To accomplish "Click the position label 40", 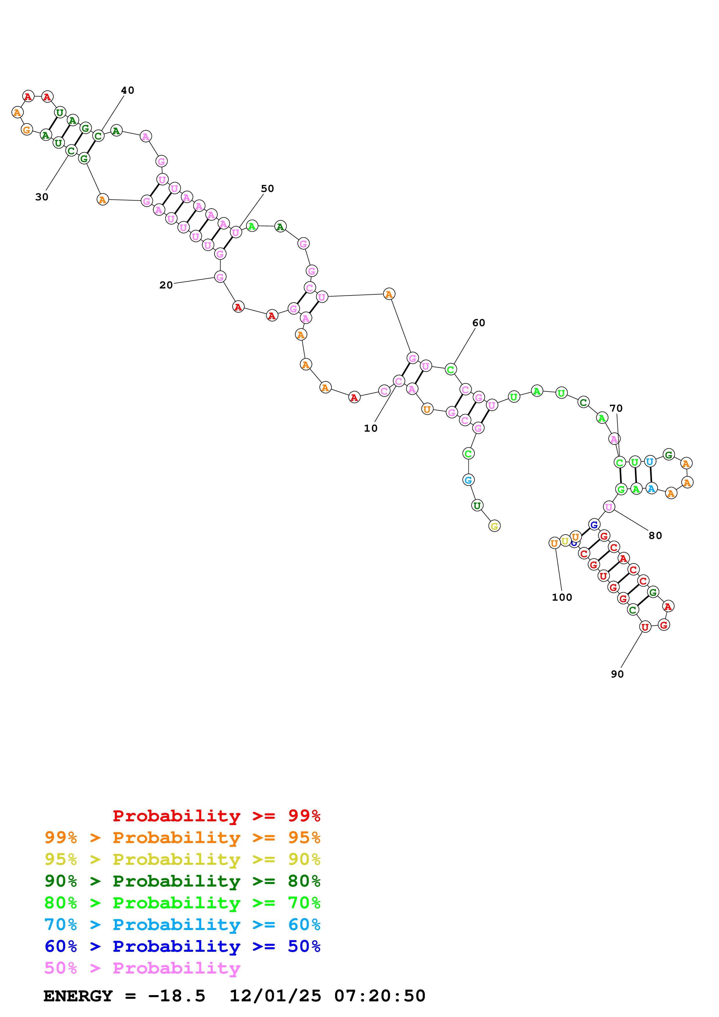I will pyautogui.click(x=128, y=90).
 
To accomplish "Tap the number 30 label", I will pyautogui.click(x=42, y=197).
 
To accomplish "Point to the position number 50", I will pyautogui.click(x=267, y=189).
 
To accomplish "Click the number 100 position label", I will pyautogui.click(x=562, y=598).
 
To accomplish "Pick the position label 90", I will pyautogui.click(x=617, y=674).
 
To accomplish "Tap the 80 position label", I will pyautogui.click(x=655, y=535).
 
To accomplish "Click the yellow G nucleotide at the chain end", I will pyautogui.click(x=495, y=526).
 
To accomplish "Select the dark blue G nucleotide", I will pyautogui.click(x=594, y=524).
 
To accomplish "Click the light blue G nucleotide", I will pyautogui.click(x=468, y=480).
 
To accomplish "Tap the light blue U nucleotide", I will pyautogui.click(x=649, y=462).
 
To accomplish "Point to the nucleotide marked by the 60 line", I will pyautogui.click(x=450, y=369).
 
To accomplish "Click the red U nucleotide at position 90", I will pyautogui.click(x=645, y=627).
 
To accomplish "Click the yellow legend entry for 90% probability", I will pyautogui.click(x=182, y=859).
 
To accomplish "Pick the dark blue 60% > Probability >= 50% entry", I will pyautogui.click(x=182, y=946).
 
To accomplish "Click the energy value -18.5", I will pyautogui.click(x=176, y=996).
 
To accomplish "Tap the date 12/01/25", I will pyautogui.click(x=275, y=996).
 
